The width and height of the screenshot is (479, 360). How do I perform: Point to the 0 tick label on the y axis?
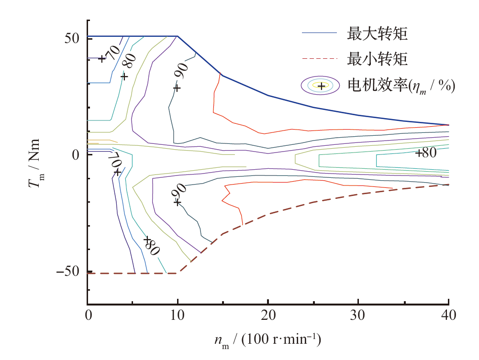point(76,155)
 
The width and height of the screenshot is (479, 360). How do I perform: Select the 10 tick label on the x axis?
point(178,316)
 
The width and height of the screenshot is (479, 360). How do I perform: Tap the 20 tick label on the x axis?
point(268,316)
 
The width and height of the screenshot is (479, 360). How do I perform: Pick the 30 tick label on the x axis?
point(358,316)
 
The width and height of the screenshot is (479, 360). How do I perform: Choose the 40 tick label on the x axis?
point(448,316)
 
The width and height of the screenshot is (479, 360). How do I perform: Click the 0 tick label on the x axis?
point(88,316)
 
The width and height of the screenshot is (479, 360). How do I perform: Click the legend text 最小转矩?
point(378,60)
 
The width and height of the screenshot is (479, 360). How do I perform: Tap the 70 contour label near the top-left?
point(112,53)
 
